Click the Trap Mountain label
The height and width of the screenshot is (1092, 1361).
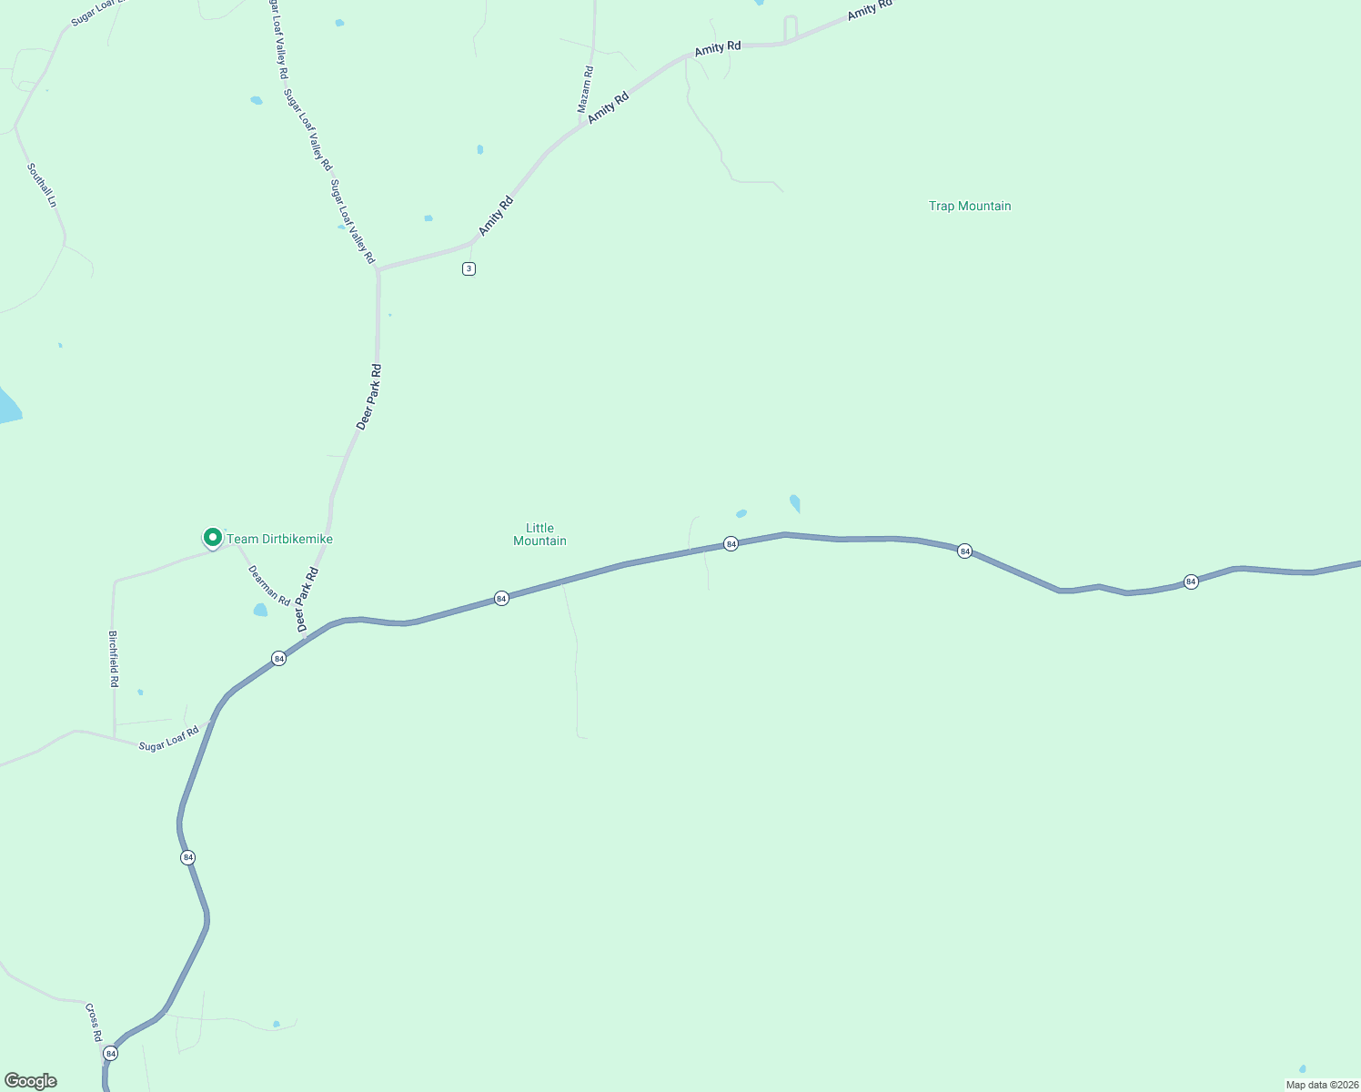tap(970, 207)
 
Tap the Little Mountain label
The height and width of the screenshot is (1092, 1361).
tap(539, 534)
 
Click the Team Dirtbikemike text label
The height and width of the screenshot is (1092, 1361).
tap(279, 540)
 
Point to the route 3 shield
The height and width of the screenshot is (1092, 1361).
tap(469, 268)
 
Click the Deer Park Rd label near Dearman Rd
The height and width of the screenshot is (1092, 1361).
tap(307, 600)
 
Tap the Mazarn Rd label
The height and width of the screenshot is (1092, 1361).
tap(586, 89)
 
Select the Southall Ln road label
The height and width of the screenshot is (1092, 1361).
tap(42, 186)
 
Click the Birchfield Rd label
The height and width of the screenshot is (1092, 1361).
tap(114, 659)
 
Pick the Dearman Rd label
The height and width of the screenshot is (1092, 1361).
tap(269, 586)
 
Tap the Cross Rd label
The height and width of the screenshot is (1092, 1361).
tap(94, 1023)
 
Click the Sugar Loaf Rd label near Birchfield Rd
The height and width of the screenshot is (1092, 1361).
tap(168, 739)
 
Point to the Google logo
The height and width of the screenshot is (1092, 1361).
tap(31, 1081)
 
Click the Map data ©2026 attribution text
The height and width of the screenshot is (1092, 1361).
tap(1322, 1085)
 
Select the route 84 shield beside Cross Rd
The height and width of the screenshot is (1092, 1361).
tap(111, 1054)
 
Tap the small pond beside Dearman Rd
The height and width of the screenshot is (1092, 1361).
tap(260, 610)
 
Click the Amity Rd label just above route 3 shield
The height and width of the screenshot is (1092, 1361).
tap(497, 217)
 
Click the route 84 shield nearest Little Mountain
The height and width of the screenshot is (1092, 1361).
tap(501, 598)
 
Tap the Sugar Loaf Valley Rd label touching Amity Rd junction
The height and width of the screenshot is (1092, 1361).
tap(352, 222)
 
